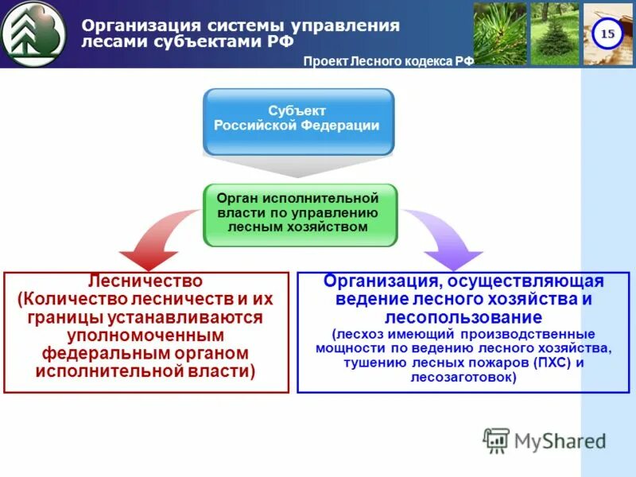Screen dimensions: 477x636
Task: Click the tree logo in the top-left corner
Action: pyautogui.click(x=33, y=33)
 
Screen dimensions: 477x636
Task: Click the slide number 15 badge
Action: pyautogui.click(x=607, y=33)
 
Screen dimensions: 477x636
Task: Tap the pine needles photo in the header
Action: pyautogui.click(x=500, y=33)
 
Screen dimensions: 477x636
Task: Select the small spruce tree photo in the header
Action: pyautogui.click(x=554, y=33)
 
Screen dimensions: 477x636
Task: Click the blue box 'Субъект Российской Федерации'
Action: pyautogui.click(x=298, y=121)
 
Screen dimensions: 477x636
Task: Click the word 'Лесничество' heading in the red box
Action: pyautogui.click(x=145, y=281)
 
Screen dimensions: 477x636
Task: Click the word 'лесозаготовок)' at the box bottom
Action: pyautogui.click(x=463, y=378)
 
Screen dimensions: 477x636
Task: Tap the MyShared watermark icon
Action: pyautogui.click(x=496, y=440)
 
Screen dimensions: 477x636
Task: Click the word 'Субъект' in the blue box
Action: pyautogui.click(x=297, y=111)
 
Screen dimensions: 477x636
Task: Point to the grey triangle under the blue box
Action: pyautogui.click(x=298, y=167)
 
